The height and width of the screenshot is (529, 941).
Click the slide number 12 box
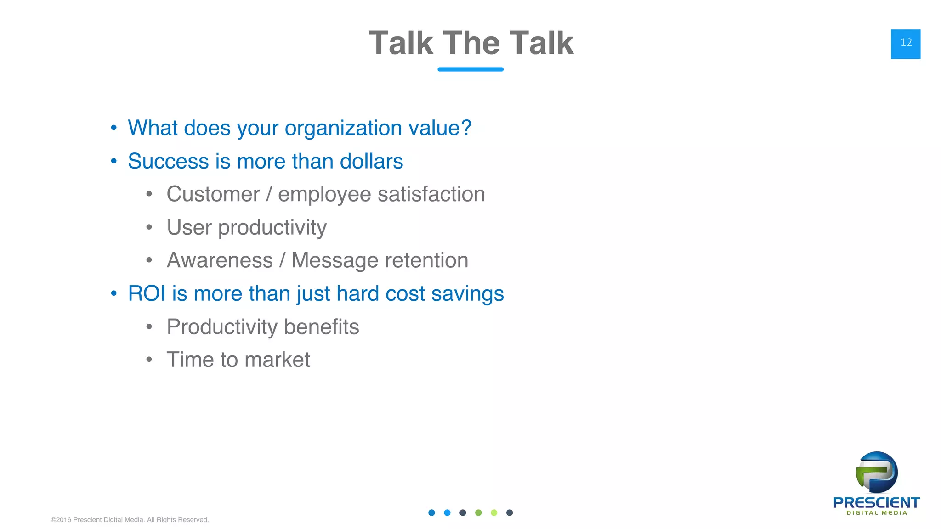click(x=905, y=44)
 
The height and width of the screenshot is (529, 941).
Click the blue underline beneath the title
click(x=470, y=69)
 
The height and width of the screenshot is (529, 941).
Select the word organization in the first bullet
click(x=343, y=128)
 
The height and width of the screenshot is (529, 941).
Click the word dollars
click(x=371, y=161)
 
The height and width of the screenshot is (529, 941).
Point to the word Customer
click(x=213, y=194)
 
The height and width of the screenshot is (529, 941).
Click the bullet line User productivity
click(x=246, y=227)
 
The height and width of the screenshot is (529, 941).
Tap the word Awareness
click(x=220, y=260)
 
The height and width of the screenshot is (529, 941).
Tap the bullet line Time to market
click(x=238, y=360)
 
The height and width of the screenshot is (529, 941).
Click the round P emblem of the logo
click(x=877, y=472)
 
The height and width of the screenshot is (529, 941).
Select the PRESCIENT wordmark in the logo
click(x=876, y=502)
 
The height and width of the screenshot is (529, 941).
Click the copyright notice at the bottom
click(x=130, y=520)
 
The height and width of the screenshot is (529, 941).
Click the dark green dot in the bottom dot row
click(x=478, y=512)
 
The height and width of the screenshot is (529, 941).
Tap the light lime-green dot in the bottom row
click(x=494, y=512)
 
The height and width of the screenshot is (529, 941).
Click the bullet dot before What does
click(x=113, y=128)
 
